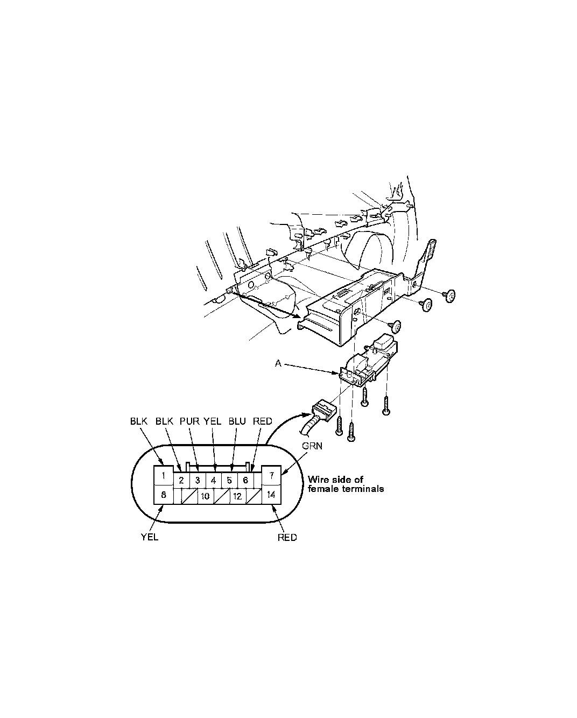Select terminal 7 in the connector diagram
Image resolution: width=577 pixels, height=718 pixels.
point(272,475)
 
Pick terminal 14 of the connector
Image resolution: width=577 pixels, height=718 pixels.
point(272,494)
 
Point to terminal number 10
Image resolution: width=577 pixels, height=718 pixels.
point(205,496)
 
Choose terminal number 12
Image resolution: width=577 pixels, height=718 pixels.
point(237,496)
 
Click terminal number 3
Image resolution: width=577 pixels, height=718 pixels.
point(198,480)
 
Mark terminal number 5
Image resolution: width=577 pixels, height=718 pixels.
point(229,480)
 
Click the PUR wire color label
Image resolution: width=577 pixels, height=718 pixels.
point(189,421)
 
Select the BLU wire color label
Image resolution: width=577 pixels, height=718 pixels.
point(237,421)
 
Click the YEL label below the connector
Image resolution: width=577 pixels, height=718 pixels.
point(150,537)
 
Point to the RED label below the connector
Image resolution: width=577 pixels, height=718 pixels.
point(287,537)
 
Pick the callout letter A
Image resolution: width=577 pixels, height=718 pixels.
point(278,364)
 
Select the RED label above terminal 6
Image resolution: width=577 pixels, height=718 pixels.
point(263,421)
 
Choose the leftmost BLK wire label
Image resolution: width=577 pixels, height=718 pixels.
point(139,421)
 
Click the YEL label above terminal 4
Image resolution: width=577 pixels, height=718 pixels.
point(213,421)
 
